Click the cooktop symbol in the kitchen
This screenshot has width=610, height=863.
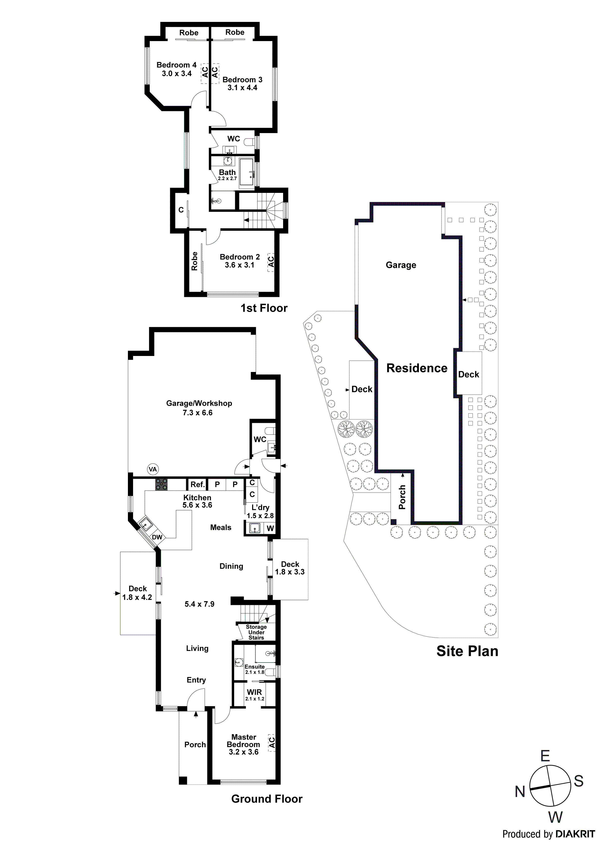(162, 484)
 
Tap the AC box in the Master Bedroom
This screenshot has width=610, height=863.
(272, 742)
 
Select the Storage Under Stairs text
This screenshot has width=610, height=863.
(256, 632)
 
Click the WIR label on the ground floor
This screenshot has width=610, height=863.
(254, 692)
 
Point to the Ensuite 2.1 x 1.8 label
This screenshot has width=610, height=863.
(254, 669)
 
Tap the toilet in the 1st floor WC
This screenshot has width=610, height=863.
(249, 142)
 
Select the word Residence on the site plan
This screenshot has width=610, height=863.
(417, 368)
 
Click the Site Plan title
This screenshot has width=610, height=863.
(467, 651)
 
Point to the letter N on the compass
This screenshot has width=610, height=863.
(520, 792)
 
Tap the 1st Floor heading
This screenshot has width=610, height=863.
(264, 308)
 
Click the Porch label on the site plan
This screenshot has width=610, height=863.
(402, 497)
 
